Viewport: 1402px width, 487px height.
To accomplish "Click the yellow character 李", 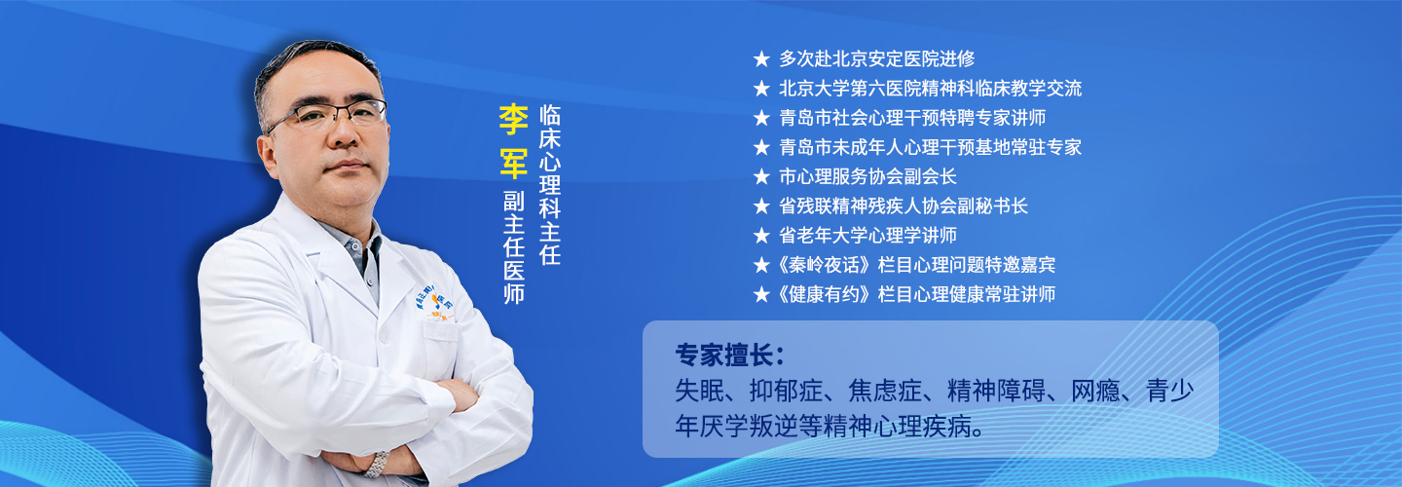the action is (512, 120).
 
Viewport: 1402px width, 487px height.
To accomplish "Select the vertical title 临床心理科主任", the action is (549, 185).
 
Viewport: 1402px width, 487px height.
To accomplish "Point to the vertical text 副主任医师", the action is (514, 247).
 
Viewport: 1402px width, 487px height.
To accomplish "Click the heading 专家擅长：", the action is (730, 356).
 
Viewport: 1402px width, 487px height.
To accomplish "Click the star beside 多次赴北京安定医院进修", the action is (761, 59).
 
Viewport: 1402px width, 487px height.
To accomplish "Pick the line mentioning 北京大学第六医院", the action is (930, 89).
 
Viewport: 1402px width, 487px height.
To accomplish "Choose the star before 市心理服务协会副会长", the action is (761, 177).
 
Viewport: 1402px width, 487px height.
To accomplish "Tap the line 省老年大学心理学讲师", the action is (867, 236).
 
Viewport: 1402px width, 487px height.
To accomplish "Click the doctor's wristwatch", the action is (378, 464).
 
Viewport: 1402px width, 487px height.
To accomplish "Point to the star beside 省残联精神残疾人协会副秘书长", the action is (761, 206).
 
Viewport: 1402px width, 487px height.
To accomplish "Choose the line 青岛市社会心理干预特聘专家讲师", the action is (912, 118).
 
